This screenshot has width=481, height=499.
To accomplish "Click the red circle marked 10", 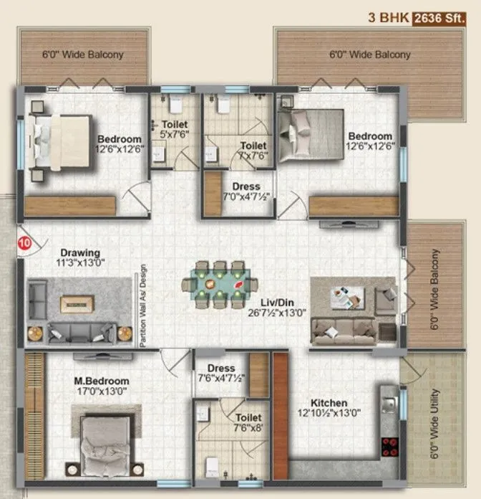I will click(x=24, y=244).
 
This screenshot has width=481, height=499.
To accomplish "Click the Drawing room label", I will click(x=79, y=252).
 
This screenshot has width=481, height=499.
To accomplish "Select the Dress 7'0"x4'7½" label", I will click(x=241, y=191).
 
